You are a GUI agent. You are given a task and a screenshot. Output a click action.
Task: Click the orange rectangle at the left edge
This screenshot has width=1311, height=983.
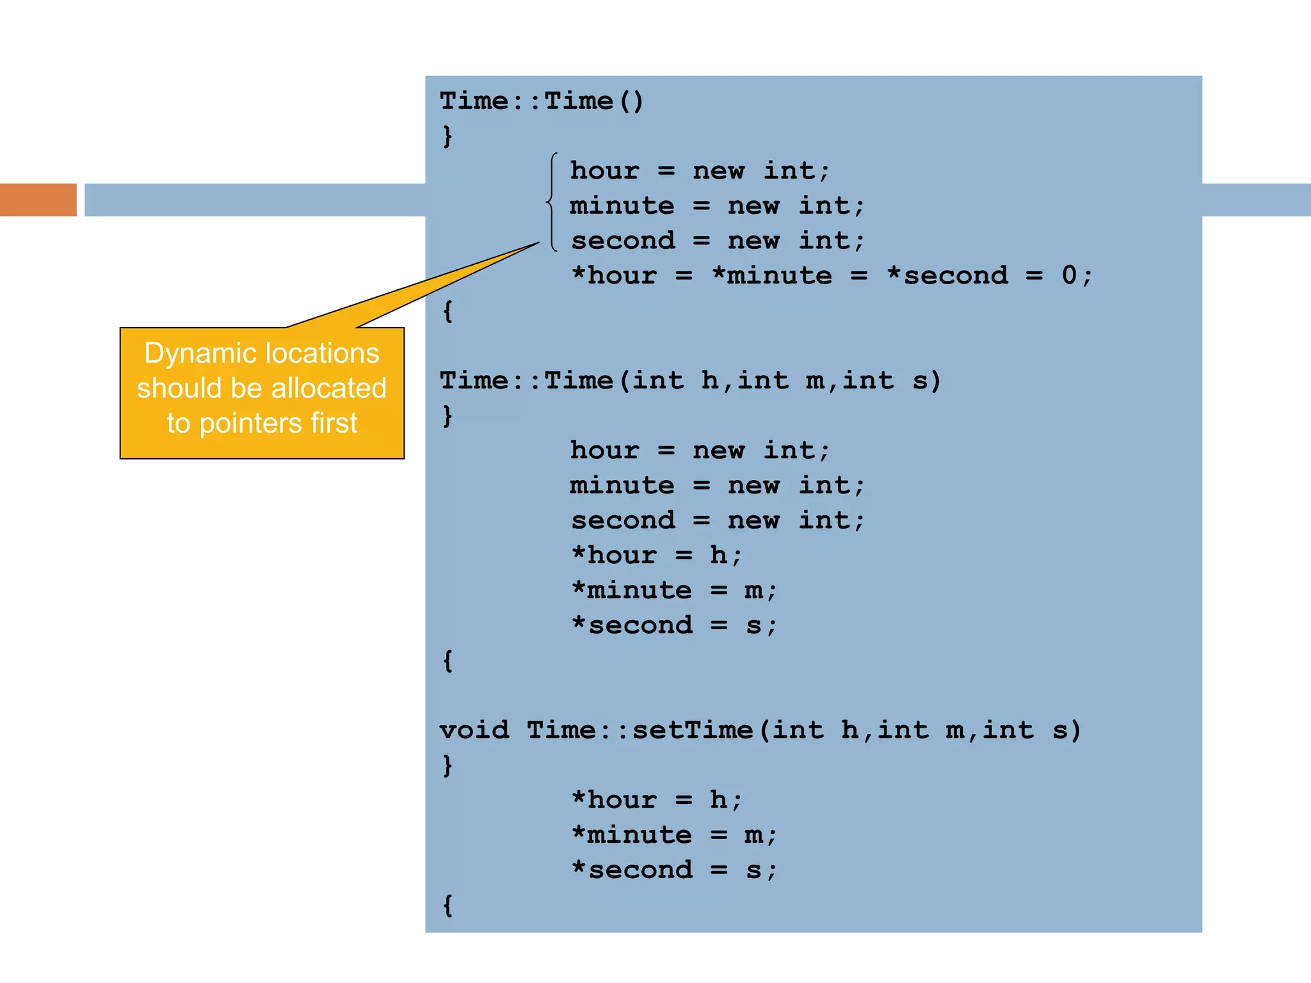(x=38, y=200)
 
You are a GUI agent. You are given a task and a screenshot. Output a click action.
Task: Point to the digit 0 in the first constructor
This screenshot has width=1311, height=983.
(x=1069, y=275)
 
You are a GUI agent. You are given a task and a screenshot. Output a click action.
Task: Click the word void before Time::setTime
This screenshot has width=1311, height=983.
(x=474, y=730)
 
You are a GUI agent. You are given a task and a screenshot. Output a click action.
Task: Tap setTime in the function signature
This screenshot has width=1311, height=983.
(x=693, y=730)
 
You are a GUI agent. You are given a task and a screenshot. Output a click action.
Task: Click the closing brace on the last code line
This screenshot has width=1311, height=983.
(x=448, y=905)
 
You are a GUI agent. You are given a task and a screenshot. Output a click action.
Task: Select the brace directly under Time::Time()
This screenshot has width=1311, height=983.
(x=447, y=136)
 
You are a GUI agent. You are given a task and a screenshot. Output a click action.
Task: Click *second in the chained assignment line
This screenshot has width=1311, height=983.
(x=947, y=276)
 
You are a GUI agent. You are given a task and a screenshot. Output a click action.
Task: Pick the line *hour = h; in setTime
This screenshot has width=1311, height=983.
(x=657, y=800)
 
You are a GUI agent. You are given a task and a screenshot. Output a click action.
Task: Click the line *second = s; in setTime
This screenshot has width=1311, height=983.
(x=674, y=870)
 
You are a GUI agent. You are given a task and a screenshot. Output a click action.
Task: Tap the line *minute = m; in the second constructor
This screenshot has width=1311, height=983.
(x=674, y=590)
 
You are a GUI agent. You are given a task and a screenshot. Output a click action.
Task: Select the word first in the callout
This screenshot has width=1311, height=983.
(x=334, y=424)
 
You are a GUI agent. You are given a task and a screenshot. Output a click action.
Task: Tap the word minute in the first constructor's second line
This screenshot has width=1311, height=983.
(x=622, y=206)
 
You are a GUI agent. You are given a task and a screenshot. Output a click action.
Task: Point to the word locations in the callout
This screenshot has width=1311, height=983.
(x=322, y=353)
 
